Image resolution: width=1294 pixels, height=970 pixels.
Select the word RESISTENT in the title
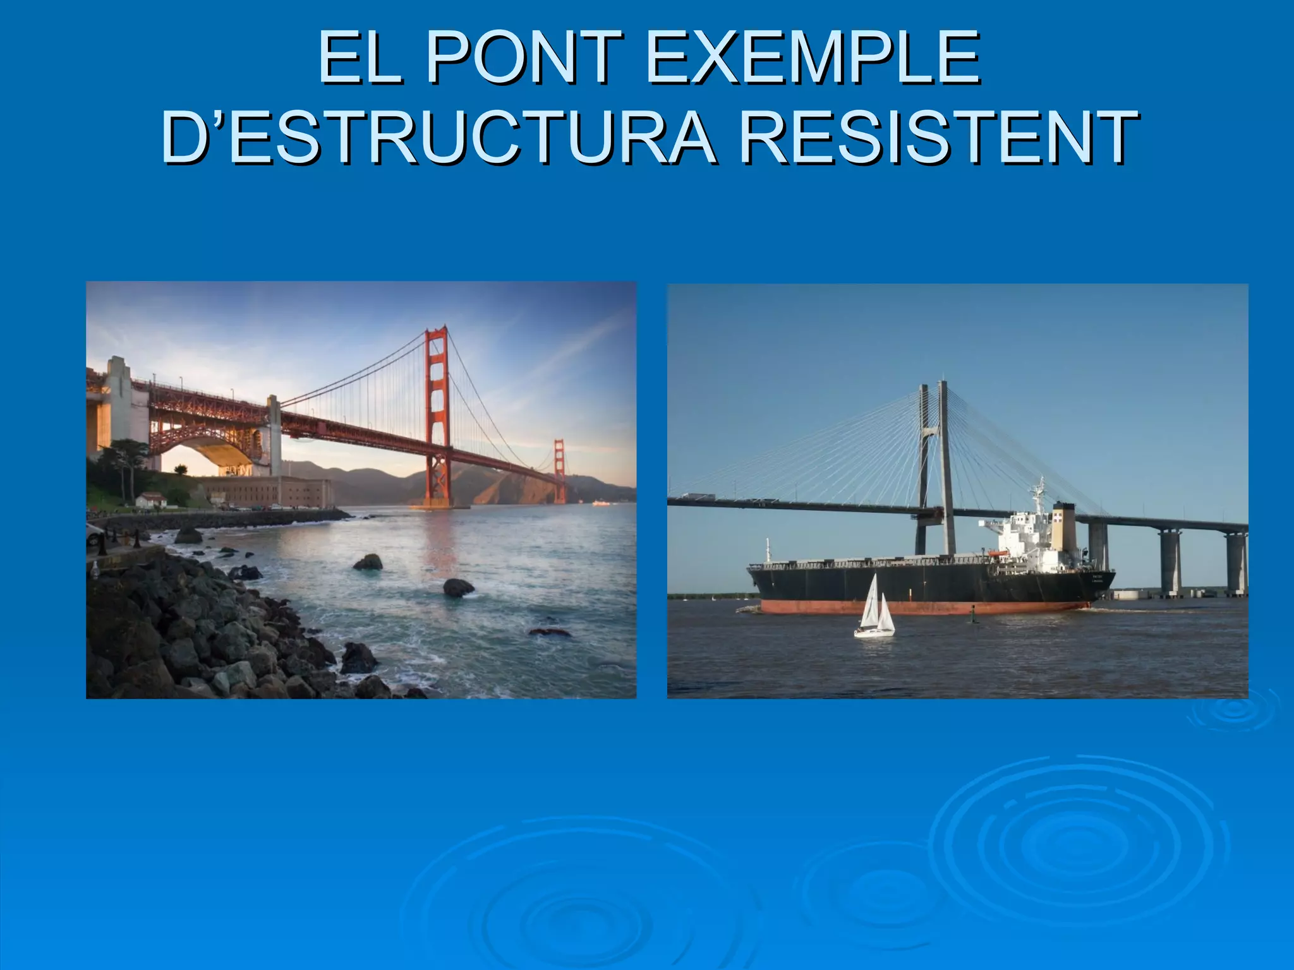click(939, 136)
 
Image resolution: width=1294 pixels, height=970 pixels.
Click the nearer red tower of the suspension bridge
click(437, 417)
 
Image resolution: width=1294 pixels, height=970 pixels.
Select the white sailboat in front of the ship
click(874, 609)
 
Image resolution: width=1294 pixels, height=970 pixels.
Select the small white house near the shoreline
click(151, 500)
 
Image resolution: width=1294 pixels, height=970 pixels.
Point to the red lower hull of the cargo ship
click(922, 608)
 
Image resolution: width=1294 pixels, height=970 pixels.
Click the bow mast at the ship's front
click(768, 551)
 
